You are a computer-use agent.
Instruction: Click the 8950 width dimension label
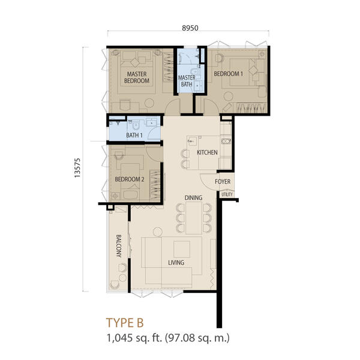tap(190, 28)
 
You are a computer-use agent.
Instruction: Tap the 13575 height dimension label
tap(77, 167)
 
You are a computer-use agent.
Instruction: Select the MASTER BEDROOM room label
tap(137, 77)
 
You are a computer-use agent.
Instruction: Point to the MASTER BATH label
tap(187, 81)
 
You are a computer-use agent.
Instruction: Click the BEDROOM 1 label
tap(228, 74)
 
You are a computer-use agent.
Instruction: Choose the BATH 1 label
tap(134, 135)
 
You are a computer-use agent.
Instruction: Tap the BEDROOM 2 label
tap(130, 179)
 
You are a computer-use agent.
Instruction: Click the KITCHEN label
tap(207, 152)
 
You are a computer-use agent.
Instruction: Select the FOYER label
tap(223, 182)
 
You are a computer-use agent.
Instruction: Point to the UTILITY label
tap(227, 194)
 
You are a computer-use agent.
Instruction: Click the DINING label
tap(193, 197)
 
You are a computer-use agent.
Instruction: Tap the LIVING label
tap(176, 262)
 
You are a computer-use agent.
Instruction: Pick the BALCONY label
tap(119, 246)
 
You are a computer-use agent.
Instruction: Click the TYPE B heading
tap(125, 323)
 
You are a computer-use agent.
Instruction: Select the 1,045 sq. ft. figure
tap(134, 338)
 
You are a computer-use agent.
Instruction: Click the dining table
tap(194, 218)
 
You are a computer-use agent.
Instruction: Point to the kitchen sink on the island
tap(192, 141)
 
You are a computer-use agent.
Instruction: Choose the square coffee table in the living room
tap(182, 249)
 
